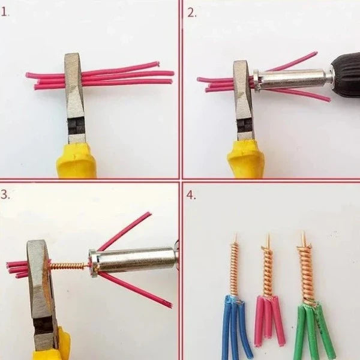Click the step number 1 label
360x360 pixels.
coord(5,12)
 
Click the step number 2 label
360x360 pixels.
coord(192,13)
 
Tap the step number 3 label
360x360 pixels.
coord(5,194)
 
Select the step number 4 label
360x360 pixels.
coord(191,195)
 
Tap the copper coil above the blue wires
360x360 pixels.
coord(235,269)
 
